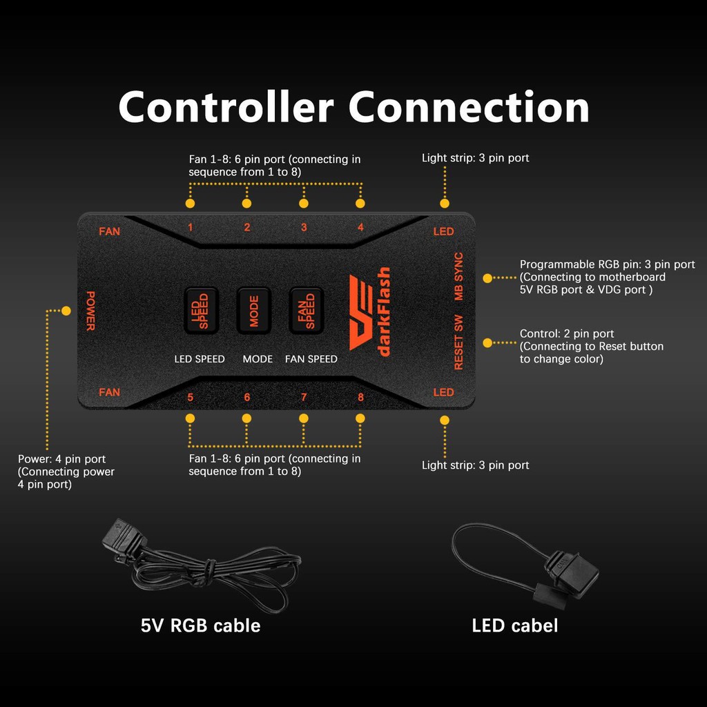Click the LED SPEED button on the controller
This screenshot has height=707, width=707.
tap(201, 311)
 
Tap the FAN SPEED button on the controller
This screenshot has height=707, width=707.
tap(306, 311)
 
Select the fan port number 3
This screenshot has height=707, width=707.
tap(304, 227)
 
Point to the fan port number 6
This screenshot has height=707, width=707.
tap(247, 397)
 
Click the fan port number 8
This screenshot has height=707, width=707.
tap(360, 397)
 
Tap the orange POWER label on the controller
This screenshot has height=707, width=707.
tap(90, 311)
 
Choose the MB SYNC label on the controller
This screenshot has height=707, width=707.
tap(458, 276)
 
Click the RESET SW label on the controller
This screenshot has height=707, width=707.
tap(458, 342)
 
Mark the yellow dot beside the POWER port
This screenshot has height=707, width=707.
tap(66, 311)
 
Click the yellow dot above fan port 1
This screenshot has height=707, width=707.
tap(191, 204)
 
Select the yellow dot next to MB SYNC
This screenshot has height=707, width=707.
tap(487, 278)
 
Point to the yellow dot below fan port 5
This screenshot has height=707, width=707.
tap(191, 418)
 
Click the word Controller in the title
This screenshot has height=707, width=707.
tap(226, 107)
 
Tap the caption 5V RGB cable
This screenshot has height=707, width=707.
tap(201, 626)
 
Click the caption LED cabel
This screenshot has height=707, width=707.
tap(515, 626)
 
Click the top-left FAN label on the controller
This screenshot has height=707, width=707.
tap(110, 231)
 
